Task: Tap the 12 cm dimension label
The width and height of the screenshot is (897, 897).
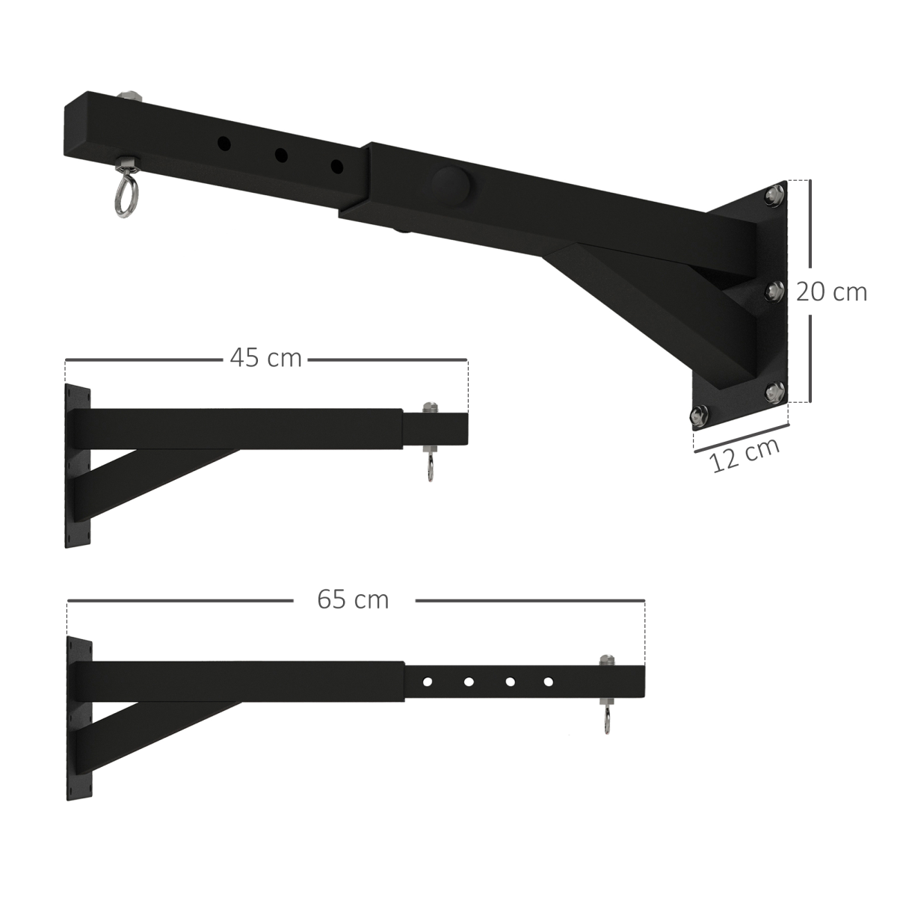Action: click(745, 454)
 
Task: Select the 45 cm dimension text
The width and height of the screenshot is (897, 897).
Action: click(265, 358)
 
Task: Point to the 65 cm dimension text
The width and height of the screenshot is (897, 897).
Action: click(353, 599)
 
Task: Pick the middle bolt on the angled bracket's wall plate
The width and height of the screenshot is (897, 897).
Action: click(774, 290)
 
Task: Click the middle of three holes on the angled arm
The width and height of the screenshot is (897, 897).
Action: click(281, 155)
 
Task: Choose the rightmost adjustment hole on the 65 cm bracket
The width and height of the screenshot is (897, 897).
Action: click(548, 682)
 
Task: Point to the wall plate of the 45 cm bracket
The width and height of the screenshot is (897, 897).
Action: click(78, 468)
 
